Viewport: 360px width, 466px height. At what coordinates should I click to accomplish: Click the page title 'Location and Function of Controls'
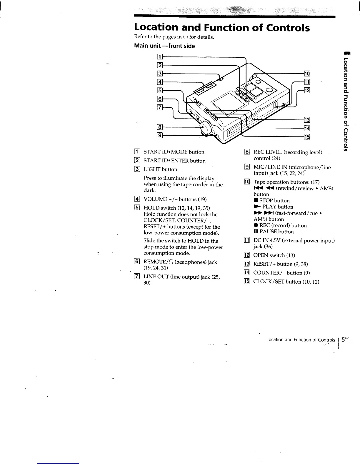pos(222,27)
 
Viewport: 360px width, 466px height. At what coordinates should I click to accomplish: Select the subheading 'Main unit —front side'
pos(164,46)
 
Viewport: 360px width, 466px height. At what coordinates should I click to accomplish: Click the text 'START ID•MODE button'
pos(174,152)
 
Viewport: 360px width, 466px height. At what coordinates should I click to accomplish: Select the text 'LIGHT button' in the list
pos(160,169)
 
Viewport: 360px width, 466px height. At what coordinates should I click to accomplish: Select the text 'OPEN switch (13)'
pos(274,255)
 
